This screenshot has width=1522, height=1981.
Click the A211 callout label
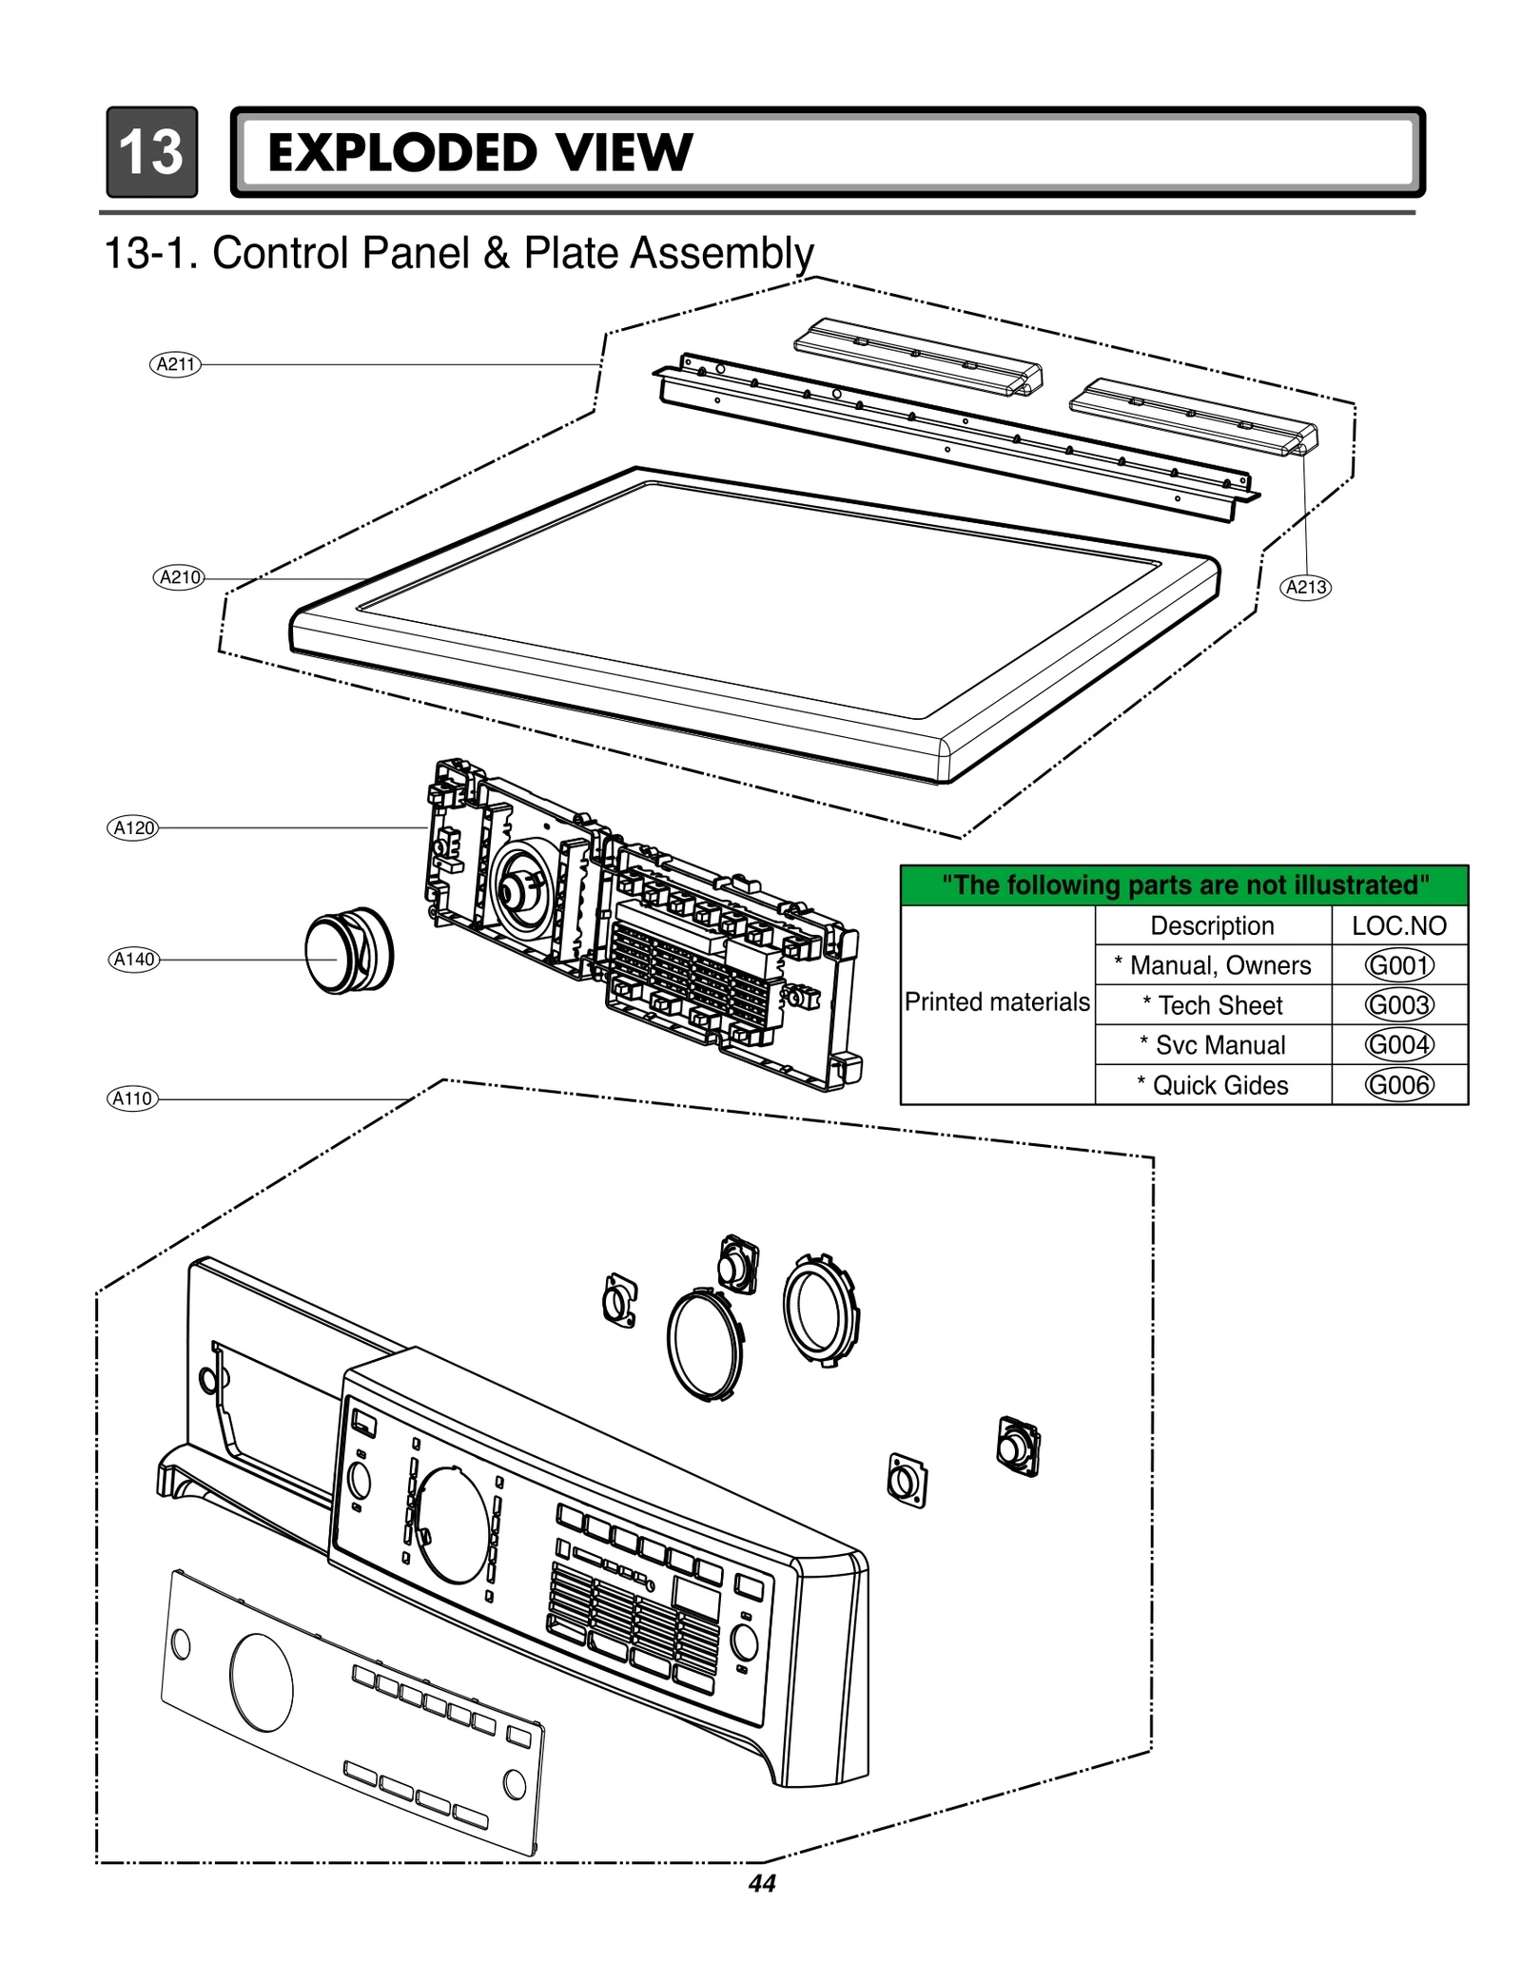click(175, 364)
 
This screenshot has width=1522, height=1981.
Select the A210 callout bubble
click(179, 577)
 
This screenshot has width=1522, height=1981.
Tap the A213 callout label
click(1306, 587)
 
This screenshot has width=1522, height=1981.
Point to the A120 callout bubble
click(133, 827)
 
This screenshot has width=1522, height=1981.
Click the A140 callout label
click(133, 960)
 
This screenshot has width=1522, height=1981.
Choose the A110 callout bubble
click(132, 1098)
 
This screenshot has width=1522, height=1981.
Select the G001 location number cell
click(1398, 965)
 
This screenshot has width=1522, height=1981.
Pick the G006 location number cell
click(1398, 1084)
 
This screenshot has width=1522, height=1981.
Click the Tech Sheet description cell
click(1212, 1005)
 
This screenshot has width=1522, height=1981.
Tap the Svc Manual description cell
click(1212, 1045)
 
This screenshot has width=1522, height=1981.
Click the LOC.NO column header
click(1398, 925)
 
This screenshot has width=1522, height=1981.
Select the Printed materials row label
click(997, 1002)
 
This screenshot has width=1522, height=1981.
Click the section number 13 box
click(152, 152)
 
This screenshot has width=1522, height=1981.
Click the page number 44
click(762, 1883)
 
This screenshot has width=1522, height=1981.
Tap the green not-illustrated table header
click(1184, 885)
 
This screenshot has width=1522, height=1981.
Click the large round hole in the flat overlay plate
click(262, 1682)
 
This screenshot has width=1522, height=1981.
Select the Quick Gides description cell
click(1212, 1085)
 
